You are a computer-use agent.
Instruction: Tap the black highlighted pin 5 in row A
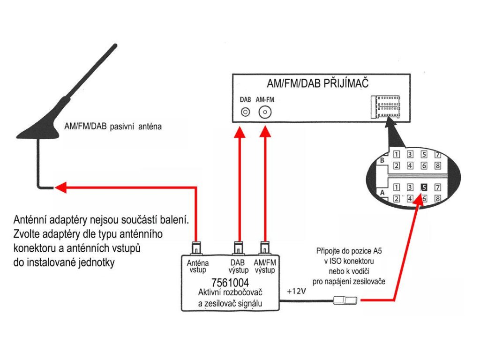point(424,187)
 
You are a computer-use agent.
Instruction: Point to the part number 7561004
point(230,283)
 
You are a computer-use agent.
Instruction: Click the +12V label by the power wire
point(296,292)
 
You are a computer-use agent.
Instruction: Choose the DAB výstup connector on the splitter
point(239,247)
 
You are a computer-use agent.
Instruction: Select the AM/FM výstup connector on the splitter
point(265,247)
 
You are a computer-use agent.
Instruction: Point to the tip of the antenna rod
point(114,45)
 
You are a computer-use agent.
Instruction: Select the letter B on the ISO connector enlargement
point(382,160)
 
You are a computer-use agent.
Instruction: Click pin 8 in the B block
point(438,165)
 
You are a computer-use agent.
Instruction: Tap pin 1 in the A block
point(396,187)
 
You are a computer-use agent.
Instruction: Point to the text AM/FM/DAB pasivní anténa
point(112,127)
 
